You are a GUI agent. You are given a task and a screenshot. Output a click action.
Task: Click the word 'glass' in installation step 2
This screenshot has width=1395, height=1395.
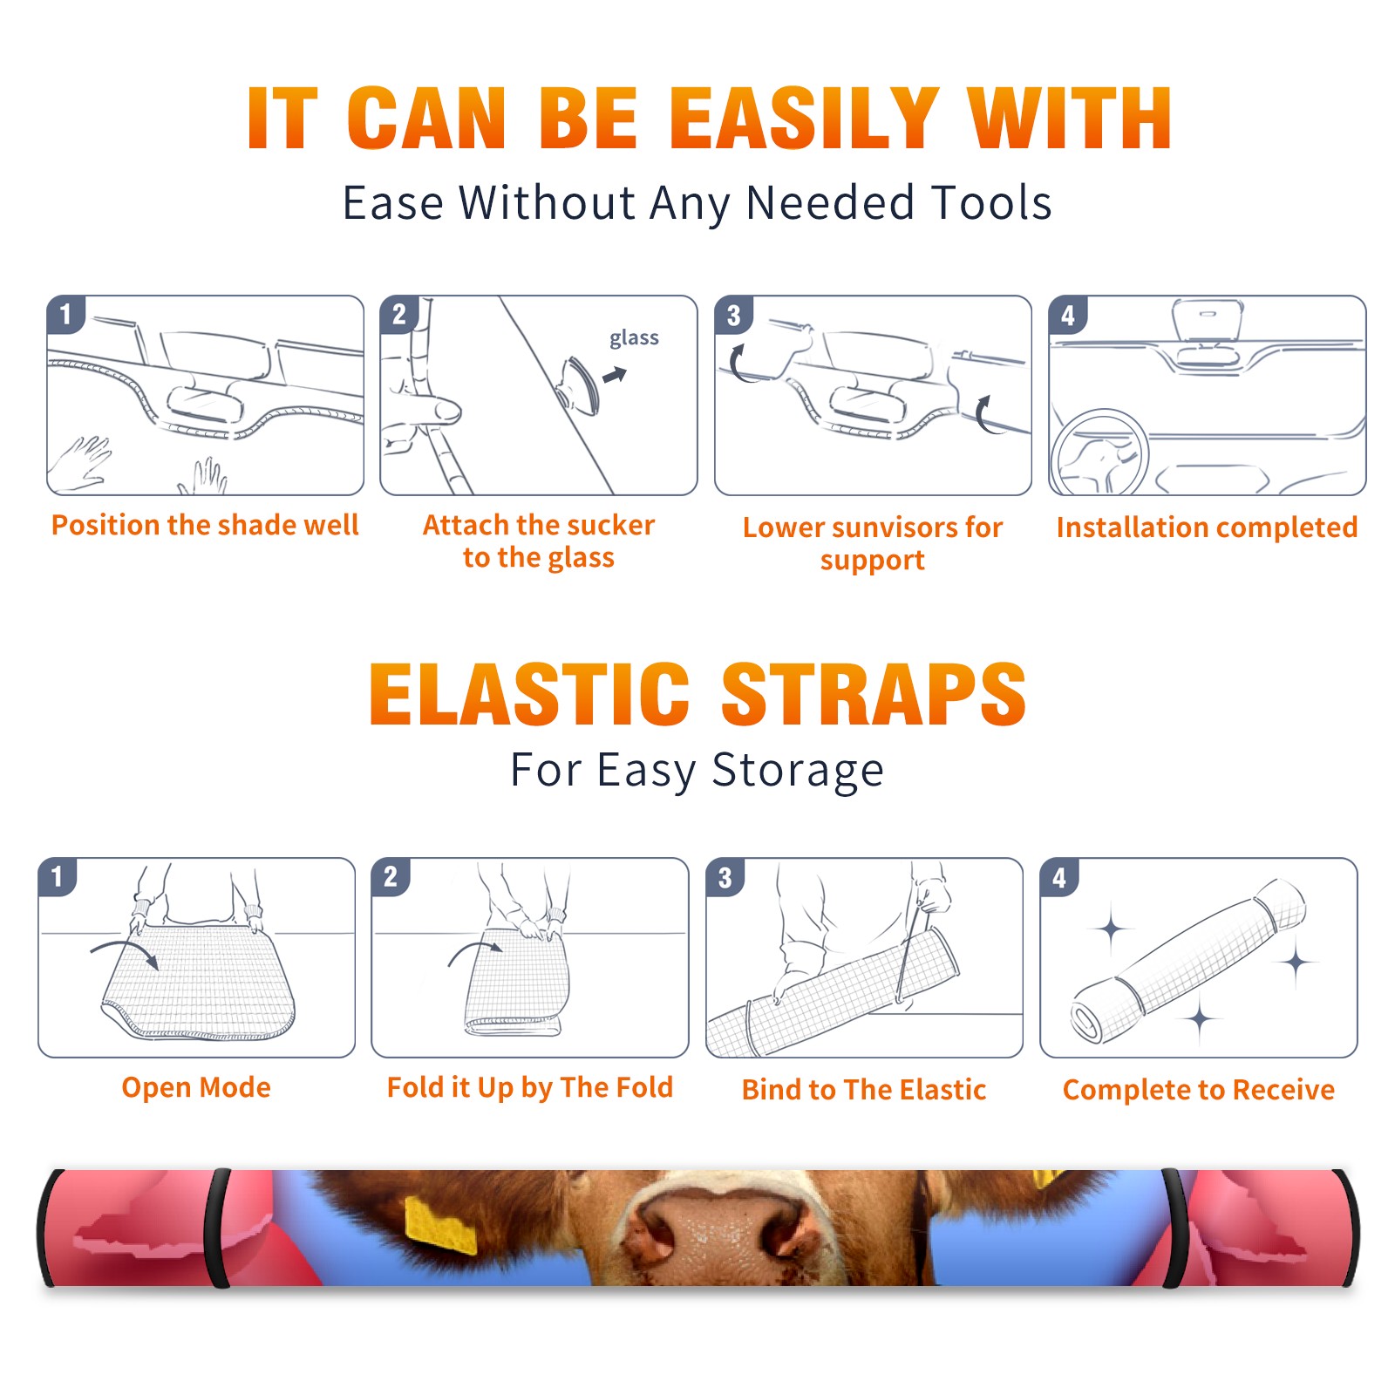[634, 338]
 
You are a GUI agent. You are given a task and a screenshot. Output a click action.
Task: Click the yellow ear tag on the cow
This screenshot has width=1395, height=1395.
[440, 1225]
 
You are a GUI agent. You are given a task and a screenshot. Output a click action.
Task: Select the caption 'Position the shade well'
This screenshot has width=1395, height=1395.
[205, 525]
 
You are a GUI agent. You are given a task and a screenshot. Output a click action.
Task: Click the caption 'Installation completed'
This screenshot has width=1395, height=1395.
[1207, 527]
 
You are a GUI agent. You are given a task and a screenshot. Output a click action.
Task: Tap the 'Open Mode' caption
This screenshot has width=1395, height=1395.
[196, 1087]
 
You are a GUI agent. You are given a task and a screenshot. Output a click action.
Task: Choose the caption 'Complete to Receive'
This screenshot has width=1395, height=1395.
[1199, 1090]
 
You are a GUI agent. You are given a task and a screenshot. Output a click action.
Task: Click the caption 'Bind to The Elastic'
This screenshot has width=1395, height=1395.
[864, 1090]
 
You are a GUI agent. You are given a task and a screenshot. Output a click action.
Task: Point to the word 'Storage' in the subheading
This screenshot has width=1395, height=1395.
[798, 771]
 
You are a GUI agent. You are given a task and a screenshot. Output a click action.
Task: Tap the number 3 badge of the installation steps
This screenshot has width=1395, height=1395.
[733, 315]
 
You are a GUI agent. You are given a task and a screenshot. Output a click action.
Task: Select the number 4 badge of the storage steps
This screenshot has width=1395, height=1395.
[1059, 877]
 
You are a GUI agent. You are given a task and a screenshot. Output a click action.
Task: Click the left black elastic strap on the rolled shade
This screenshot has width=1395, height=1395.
[216, 1228]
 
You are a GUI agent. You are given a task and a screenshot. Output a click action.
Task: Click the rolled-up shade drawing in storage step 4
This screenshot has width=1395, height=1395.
[1189, 961]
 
